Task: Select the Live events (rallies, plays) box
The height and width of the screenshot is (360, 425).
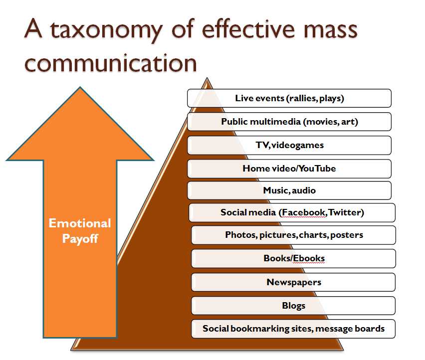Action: (x=289, y=98)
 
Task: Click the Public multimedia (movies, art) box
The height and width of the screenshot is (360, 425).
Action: (x=289, y=122)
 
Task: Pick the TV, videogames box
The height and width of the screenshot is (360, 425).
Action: (x=289, y=145)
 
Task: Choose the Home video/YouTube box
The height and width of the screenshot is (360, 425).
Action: (x=289, y=169)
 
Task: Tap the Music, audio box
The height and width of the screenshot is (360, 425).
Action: (x=289, y=190)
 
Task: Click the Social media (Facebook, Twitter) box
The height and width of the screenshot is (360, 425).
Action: (x=292, y=212)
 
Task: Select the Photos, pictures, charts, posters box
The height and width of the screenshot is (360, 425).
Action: (x=294, y=235)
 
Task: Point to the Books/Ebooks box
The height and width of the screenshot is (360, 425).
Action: (x=294, y=258)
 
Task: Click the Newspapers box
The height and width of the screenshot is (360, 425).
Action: (x=294, y=282)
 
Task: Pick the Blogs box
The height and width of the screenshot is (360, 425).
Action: (x=294, y=305)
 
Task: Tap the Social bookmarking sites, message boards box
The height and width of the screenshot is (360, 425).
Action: (x=294, y=329)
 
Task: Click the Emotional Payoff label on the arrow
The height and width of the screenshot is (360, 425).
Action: (x=80, y=231)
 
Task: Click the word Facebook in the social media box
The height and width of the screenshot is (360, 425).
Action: (x=304, y=212)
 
